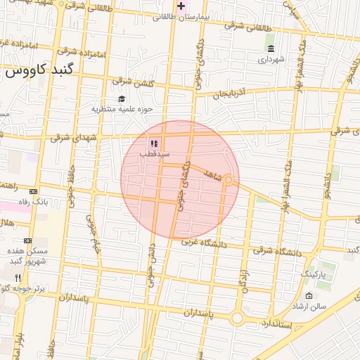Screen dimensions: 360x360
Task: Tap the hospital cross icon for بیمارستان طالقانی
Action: [x=181, y=6]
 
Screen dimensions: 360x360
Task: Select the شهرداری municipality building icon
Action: [x=271, y=49]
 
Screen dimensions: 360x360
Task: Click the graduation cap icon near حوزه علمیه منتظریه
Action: [x=122, y=98]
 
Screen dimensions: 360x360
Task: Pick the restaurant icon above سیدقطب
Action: [x=154, y=143]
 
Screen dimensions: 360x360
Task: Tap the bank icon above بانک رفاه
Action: [x=33, y=191]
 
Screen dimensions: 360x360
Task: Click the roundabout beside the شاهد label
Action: [x=229, y=181]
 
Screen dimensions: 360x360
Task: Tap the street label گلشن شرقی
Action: [x=134, y=82]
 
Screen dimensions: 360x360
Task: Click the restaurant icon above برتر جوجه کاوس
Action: [x=18, y=277]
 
